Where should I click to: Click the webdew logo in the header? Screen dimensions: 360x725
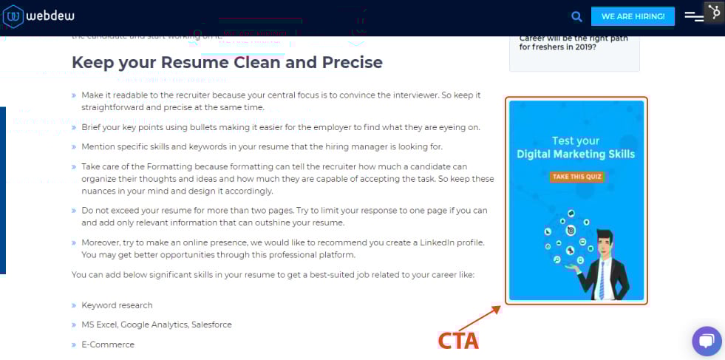tap(37, 16)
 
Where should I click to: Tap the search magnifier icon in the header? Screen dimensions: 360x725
tap(576, 16)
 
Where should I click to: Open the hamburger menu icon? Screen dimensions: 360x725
tap(693, 16)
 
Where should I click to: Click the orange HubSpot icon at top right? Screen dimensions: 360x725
tap(713, 12)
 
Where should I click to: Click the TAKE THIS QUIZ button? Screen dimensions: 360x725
tap(576, 177)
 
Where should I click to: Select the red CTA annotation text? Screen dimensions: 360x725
tap(458, 341)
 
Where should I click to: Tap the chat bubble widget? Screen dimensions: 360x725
tap(706, 341)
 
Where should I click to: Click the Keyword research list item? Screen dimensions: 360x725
tap(117, 305)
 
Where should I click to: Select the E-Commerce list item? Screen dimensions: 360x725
tap(108, 344)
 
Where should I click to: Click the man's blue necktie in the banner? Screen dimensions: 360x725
tap(602, 278)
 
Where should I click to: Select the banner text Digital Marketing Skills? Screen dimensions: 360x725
tap(576, 154)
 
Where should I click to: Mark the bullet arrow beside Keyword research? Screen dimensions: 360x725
tap(74, 305)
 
